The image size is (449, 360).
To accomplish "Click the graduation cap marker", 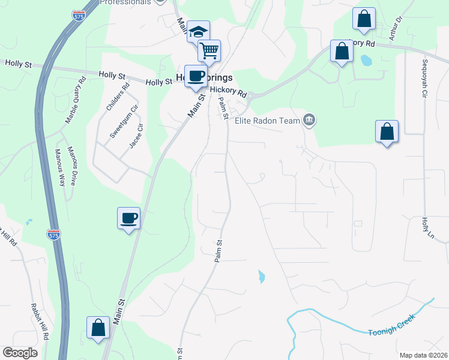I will click(x=197, y=32).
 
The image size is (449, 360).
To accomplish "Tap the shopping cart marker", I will click(x=209, y=50).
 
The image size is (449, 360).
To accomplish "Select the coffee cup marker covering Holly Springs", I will click(x=196, y=76).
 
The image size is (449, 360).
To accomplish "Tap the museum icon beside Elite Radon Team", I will click(x=309, y=121).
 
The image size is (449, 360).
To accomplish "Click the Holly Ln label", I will click(x=425, y=227).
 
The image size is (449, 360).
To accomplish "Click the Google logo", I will click(x=20, y=353).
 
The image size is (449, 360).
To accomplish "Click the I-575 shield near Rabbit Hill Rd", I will click(x=54, y=234).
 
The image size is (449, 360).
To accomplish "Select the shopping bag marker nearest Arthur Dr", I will click(x=364, y=19).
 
